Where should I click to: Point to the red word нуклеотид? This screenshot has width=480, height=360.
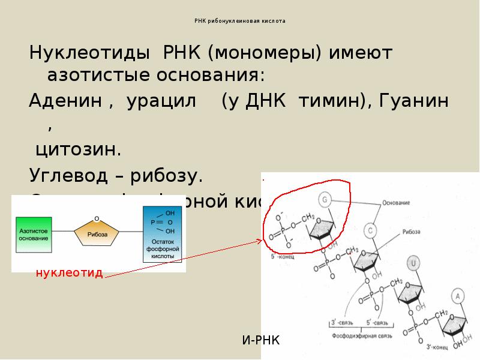[69, 274]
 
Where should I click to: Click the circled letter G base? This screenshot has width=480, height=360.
[325, 199]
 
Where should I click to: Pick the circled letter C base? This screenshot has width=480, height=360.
[371, 230]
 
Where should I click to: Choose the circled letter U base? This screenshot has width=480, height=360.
[413, 262]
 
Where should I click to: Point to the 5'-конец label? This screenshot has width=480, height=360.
[282, 256]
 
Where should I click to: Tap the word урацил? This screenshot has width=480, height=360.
[161, 101]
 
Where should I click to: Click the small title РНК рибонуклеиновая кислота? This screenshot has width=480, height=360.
[240, 21]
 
